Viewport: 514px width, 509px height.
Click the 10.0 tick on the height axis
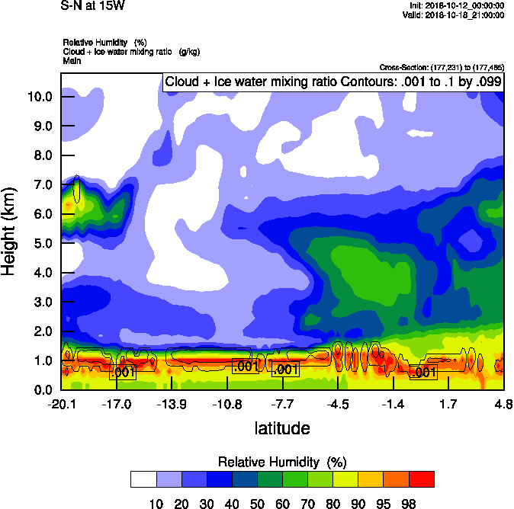click(x=39, y=97)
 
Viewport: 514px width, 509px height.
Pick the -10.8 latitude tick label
click(x=227, y=403)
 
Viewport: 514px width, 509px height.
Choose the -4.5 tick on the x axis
click(x=339, y=403)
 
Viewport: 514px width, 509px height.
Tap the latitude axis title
click(x=282, y=428)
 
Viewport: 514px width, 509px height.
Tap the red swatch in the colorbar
click(x=422, y=479)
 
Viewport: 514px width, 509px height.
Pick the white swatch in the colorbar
click(x=143, y=479)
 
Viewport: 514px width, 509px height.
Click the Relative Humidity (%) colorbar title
click(x=282, y=462)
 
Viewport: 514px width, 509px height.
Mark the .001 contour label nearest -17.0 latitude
click(x=123, y=372)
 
